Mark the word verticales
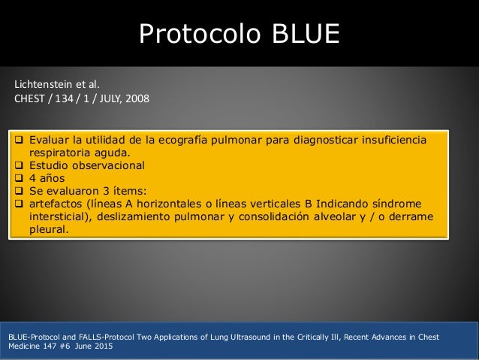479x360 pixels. (x=291, y=204)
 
